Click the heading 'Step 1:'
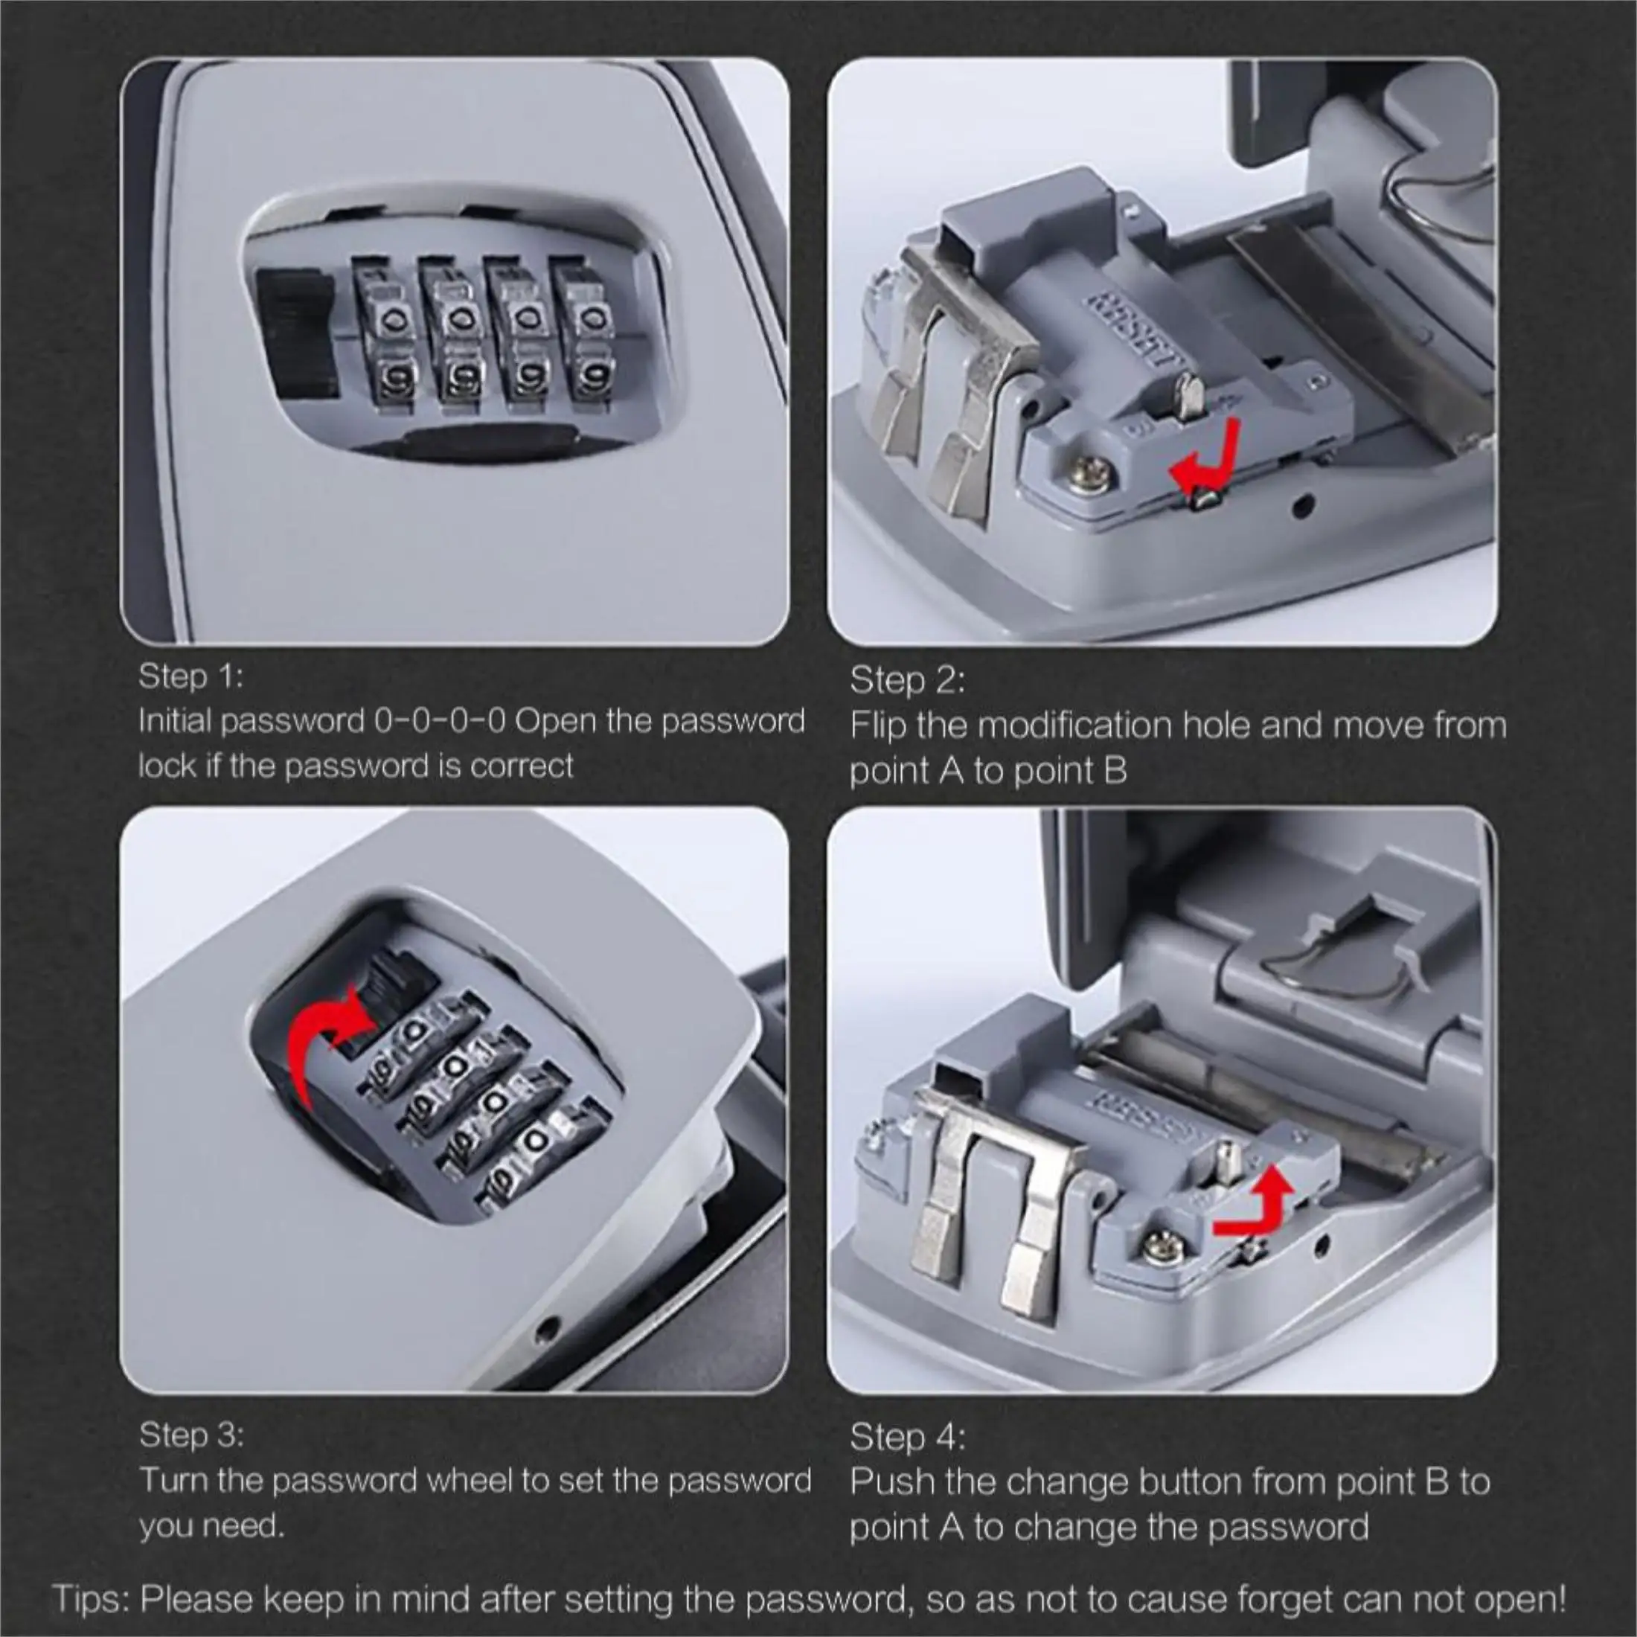coord(190,676)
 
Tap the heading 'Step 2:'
coord(906,680)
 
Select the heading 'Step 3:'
coord(191,1435)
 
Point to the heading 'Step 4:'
coord(906,1437)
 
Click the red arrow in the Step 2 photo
coord(1208,458)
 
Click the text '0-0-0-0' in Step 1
coord(440,721)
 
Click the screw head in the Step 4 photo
coord(1157,1246)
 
